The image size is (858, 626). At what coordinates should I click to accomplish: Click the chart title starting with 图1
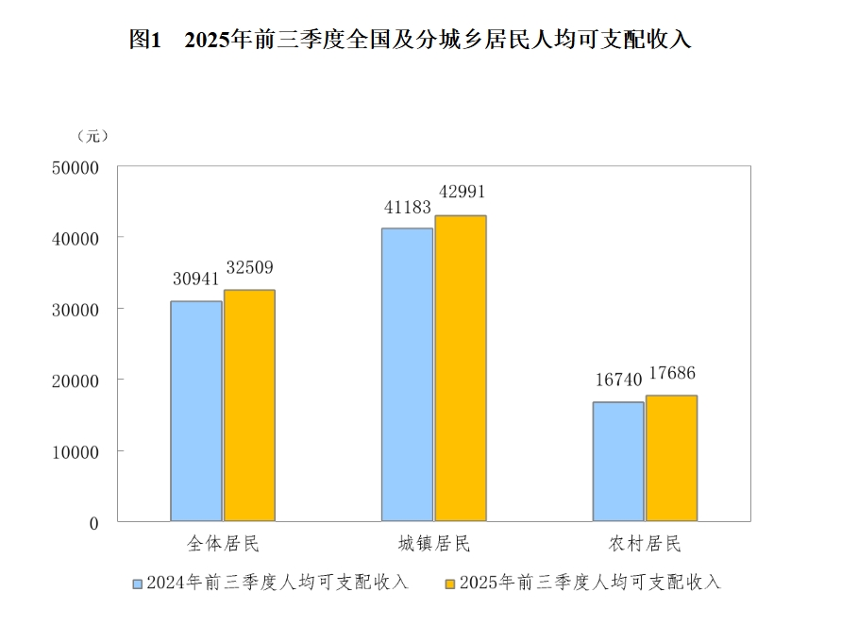pos(411,40)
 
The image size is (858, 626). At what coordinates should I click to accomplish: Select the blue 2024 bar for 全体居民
pos(196,411)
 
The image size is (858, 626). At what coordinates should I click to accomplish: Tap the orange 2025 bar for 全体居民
pos(249,405)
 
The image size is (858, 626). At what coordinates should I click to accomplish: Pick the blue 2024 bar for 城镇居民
pos(408,374)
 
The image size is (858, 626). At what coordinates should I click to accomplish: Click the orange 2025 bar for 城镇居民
pos(461,368)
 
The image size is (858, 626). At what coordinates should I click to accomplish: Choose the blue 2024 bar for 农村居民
pos(618,461)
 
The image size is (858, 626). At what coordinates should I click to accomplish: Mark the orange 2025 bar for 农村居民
pos(671,458)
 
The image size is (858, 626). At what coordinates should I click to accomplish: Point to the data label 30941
pos(195,279)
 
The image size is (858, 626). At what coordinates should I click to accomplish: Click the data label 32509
pos(249,267)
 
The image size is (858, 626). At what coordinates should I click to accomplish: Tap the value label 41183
pos(407,206)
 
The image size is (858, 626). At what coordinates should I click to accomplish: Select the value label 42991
pos(461,192)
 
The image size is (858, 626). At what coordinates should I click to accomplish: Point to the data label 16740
pos(618,380)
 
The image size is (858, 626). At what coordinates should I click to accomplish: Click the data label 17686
pos(672,373)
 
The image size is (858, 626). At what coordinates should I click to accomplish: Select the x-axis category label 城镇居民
pos(433,545)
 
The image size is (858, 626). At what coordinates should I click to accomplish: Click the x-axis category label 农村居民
pos(645,545)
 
